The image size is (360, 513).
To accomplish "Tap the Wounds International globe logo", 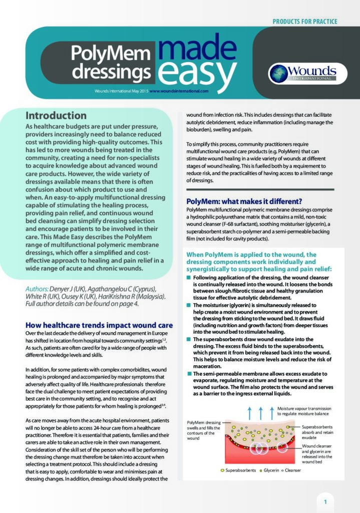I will coord(278,73).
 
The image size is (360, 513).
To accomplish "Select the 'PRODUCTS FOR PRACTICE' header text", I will coord(304,22).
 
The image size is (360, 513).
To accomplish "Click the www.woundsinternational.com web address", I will coord(178,91).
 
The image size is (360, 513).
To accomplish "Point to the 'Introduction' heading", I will coord(56,116).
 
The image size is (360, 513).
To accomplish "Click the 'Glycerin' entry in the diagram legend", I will coord(270,471).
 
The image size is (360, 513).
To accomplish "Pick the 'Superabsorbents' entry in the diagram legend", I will coord(238,471).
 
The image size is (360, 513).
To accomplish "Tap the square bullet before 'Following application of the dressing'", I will coord(189,278).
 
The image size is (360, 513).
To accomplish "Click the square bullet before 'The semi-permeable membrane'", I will coord(189,374).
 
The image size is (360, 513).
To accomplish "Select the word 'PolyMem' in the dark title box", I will coord(110,53).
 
